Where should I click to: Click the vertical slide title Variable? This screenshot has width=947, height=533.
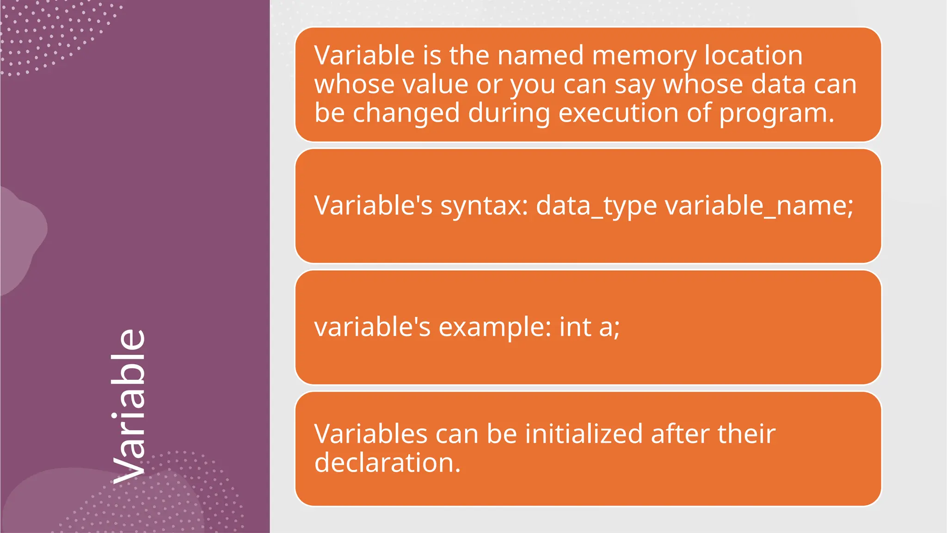129,406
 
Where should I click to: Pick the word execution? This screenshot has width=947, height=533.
618,113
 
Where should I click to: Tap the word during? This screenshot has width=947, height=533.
509,113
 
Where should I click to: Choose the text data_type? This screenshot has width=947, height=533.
596,206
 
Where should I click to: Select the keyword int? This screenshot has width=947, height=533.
575,327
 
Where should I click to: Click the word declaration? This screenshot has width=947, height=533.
387,463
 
